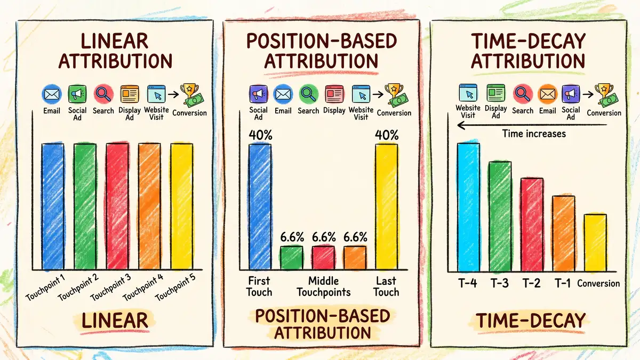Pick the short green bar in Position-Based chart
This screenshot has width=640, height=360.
coord(291,257)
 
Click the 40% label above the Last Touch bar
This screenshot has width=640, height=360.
coord(387,135)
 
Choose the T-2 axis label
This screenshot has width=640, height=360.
coord(531,283)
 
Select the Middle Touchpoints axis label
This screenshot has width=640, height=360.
coord(324,286)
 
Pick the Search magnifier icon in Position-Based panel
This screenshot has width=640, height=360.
coord(308,95)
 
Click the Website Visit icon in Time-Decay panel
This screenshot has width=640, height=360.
coord(468,94)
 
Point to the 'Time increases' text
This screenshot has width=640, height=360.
coord(533,133)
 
